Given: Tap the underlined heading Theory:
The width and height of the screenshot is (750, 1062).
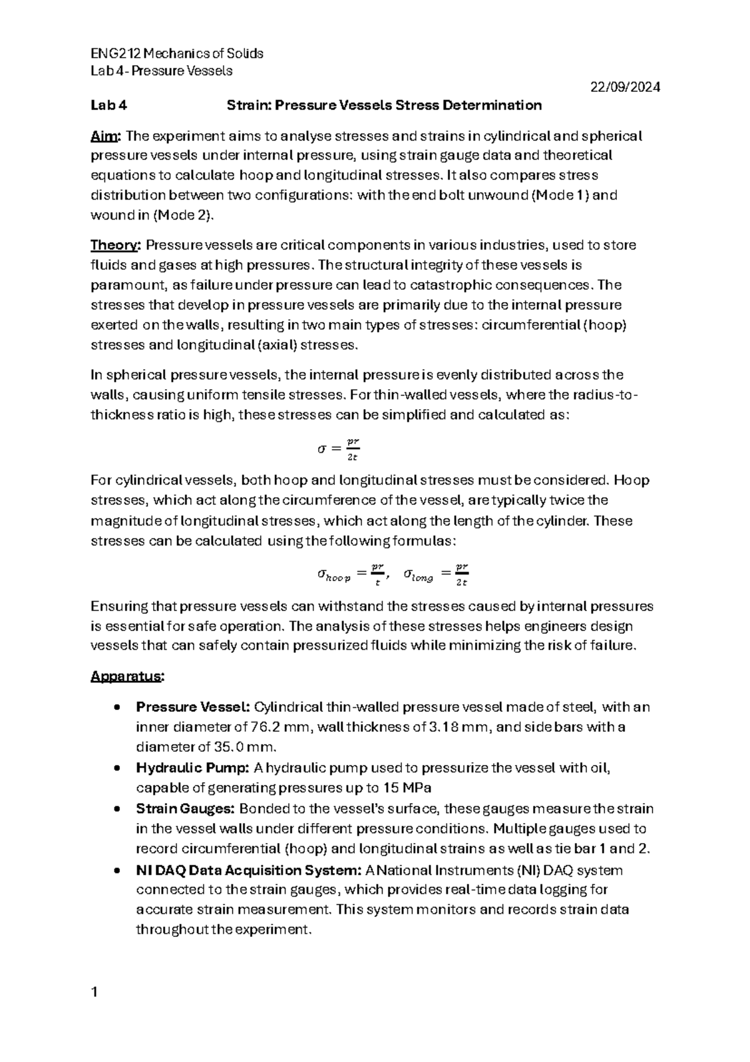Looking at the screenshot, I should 116,245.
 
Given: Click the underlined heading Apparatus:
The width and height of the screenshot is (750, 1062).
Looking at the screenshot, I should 127,677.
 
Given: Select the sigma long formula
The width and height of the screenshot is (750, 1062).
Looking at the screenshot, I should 436,574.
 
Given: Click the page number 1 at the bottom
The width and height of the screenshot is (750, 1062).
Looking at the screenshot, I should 94,992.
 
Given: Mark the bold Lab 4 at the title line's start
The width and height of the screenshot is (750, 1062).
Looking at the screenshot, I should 109,106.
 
